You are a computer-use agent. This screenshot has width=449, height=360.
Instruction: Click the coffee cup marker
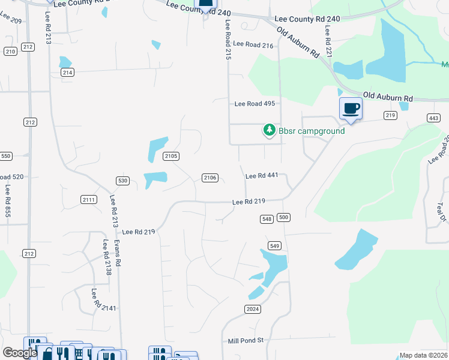[351, 109]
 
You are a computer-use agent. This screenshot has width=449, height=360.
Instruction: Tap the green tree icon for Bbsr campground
[270, 130]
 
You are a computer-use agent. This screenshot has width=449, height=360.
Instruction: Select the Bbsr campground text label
[312, 131]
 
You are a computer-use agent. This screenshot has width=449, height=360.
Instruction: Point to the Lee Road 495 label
[255, 104]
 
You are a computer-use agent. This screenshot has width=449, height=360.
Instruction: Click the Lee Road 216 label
[253, 44]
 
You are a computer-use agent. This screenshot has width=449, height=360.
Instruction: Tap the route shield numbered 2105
[171, 157]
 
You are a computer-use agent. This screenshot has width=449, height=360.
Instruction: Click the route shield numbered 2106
[209, 178]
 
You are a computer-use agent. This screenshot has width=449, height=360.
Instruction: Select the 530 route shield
[123, 181]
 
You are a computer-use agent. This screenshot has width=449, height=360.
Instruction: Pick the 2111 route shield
[88, 199]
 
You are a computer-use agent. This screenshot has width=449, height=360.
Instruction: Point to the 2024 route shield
[253, 309]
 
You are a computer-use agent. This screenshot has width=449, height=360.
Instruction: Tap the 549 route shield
[275, 245]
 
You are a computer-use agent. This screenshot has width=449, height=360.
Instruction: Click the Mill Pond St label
[246, 341]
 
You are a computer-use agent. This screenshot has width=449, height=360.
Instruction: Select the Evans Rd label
[118, 253]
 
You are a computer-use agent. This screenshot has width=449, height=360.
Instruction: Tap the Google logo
[20, 353]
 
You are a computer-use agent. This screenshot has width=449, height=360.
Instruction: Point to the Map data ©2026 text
[423, 355]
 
